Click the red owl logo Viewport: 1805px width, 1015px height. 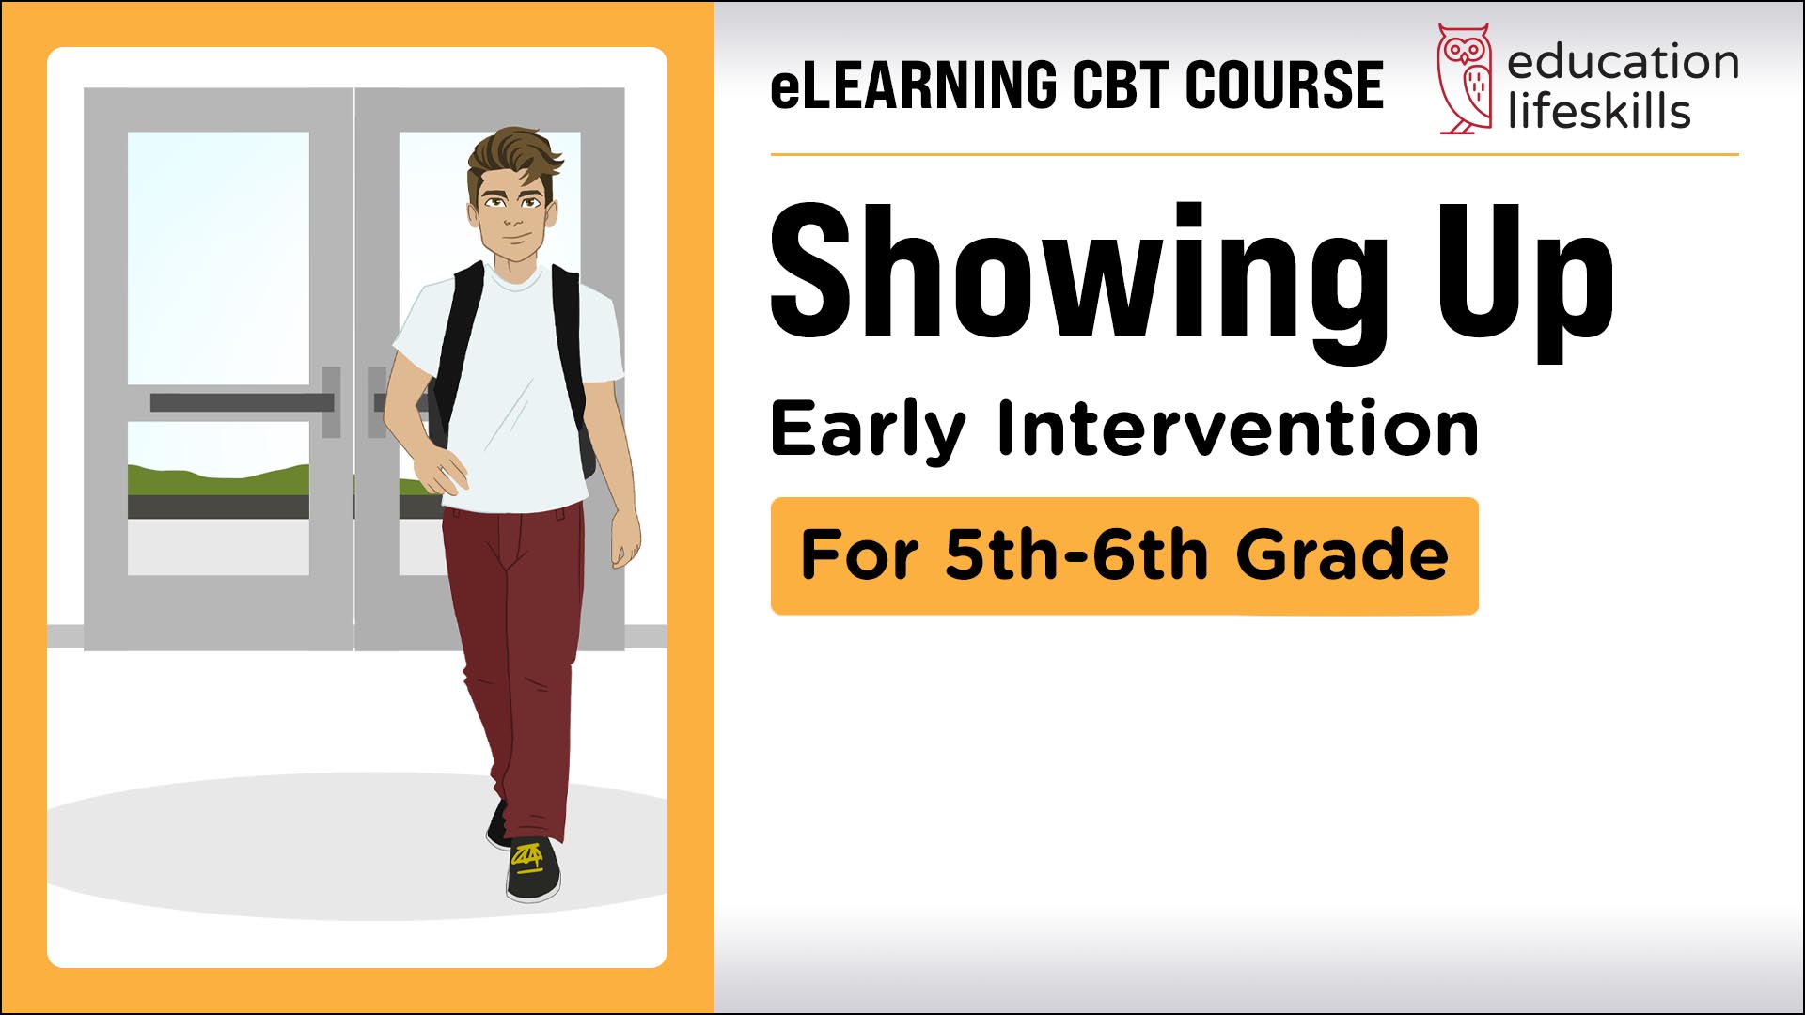pyautogui.click(x=1465, y=79)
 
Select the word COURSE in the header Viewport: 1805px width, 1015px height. pyautogui.click(x=1284, y=85)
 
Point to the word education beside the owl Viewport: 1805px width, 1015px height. pyautogui.click(x=1623, y=62)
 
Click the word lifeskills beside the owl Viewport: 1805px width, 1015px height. pyautogui.click(x=1599, y=110)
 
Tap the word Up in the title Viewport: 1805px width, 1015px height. pyautogui.click(x=1525, y=282)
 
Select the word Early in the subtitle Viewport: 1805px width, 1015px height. pyautogui.click(x=868, y=430)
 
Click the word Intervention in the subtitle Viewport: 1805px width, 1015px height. pyautogui.click(x=1238, y=428)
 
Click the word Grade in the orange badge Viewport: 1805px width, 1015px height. pyautogui.click(x=1342, y=554)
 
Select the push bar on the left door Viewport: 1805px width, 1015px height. pyautogui.click(x=242, y=402)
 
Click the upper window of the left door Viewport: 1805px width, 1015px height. pyautogui.click(x=218, y=258)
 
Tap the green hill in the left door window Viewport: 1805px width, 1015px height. pyautogui.click(x=218, y=479)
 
